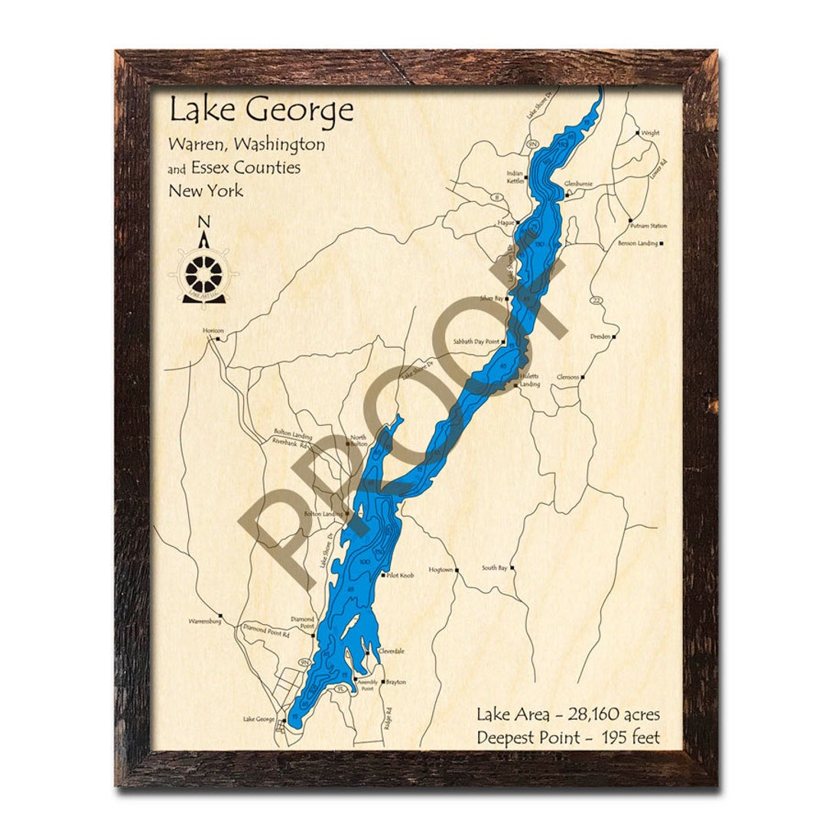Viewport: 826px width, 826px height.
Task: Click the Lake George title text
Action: click(261, 110)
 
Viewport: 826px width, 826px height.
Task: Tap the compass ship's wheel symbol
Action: click(204, 272)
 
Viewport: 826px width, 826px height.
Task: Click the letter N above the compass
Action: click(203, 222)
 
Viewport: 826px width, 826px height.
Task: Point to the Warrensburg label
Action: click(204, 622)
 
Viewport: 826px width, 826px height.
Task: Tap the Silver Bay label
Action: click(491, 298)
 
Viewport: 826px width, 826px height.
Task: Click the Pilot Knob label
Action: click(400, 575)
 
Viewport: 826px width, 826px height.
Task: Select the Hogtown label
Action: click(441, 570)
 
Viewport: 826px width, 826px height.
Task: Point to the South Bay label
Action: click(494, 568)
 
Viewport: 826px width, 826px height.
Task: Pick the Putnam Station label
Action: click(649, 226)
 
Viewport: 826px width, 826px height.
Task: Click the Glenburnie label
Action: click(579, 184)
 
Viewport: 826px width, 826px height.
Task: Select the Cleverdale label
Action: click(391, 652)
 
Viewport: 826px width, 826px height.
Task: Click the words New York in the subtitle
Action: click(206, 190)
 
